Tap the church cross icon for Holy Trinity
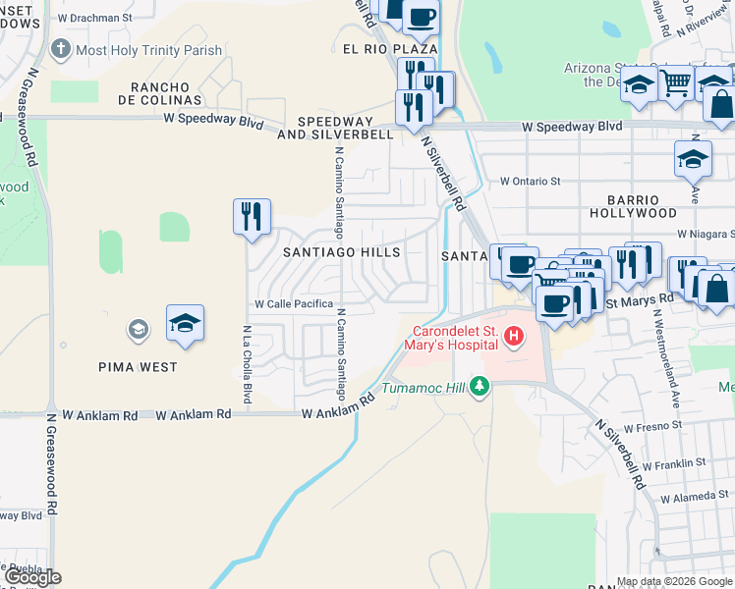click(x=61, y=48)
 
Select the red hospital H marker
click(x=512, y=337)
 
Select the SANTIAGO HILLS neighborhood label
click(x=341, y=252)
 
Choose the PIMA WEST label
click(x=139, y=367)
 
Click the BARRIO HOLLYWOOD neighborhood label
click(x=633, y=205)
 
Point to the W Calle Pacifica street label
click(x=294, y=304)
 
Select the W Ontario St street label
click(x=530, y=181)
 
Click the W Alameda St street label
click(x=695, y=498)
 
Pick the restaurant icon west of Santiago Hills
click(x=252, y=216)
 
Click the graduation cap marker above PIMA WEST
click(x=185, y=324)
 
